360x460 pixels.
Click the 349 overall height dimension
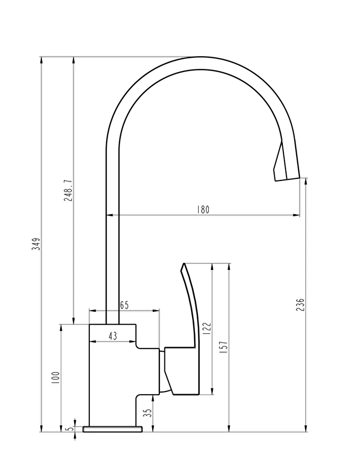point(36,243)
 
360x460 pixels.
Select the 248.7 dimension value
point(68,190)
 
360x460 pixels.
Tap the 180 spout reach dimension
point(203,210)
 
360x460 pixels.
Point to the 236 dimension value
point(300,305)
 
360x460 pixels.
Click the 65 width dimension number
point(124,305)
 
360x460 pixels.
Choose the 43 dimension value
point(112,336)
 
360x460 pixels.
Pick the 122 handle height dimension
point(207,329)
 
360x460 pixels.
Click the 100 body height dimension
point(56,378)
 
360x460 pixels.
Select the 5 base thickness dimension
point(69,429)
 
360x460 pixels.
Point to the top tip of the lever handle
point(183,263)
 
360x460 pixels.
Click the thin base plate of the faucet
point(112,429)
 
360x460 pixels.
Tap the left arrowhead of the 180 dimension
point(110,215)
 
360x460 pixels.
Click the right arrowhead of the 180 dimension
point(296,215)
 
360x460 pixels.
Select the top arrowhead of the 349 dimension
point(41,60)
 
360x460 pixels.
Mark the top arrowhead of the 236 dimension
point(306,182)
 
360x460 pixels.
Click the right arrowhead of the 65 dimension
point(156,310)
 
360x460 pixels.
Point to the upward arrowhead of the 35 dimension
point(153,398)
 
